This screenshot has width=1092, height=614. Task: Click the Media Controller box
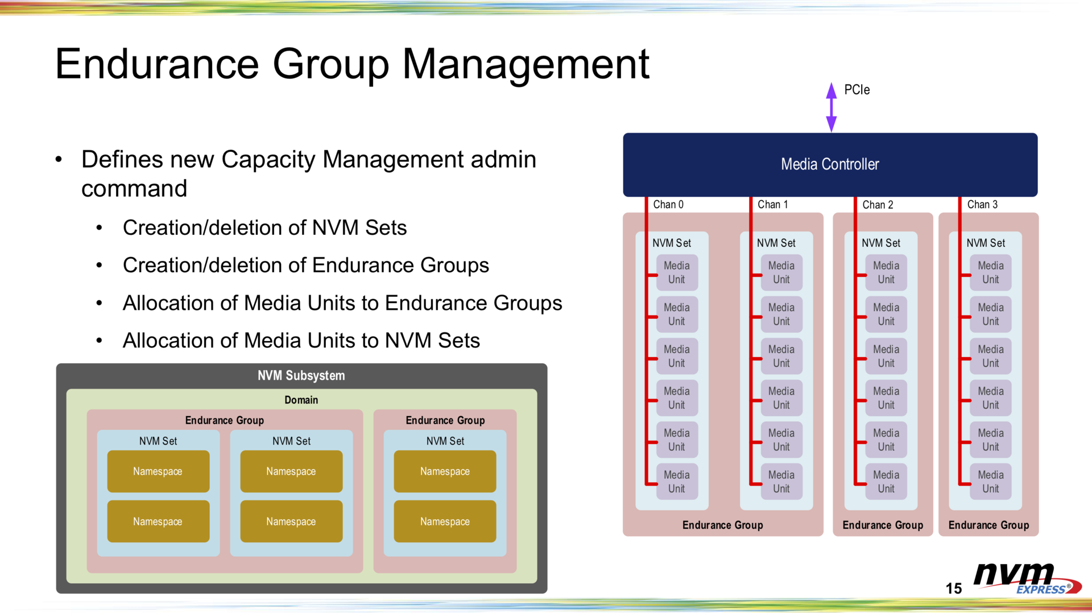point(830,164)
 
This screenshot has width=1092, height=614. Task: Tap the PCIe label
point(857,90)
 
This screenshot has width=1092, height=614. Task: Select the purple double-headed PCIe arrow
point(831,107)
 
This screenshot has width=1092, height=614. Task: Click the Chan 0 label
point(668,205)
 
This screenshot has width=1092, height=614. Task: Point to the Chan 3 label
point(982,205)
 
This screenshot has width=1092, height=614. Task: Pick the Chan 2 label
point(878,205)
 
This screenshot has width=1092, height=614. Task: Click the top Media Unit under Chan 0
point(677,272)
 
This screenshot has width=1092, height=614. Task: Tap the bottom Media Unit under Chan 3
point(990,482)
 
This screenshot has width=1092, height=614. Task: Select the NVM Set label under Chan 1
point(776,243)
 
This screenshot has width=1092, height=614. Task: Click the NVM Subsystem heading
point(301,376)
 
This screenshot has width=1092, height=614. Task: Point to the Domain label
point(301,400)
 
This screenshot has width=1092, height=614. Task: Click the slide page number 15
point(954,588)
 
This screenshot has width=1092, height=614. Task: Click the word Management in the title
point(526,64)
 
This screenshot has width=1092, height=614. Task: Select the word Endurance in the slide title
point(157,64)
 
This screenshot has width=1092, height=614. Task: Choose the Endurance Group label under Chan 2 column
point(883,525)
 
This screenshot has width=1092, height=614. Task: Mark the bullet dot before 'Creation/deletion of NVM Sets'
point(100,228)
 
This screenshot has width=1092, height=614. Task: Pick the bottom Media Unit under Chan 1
point(781,482)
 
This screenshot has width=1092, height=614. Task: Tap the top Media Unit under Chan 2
point(886,272)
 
